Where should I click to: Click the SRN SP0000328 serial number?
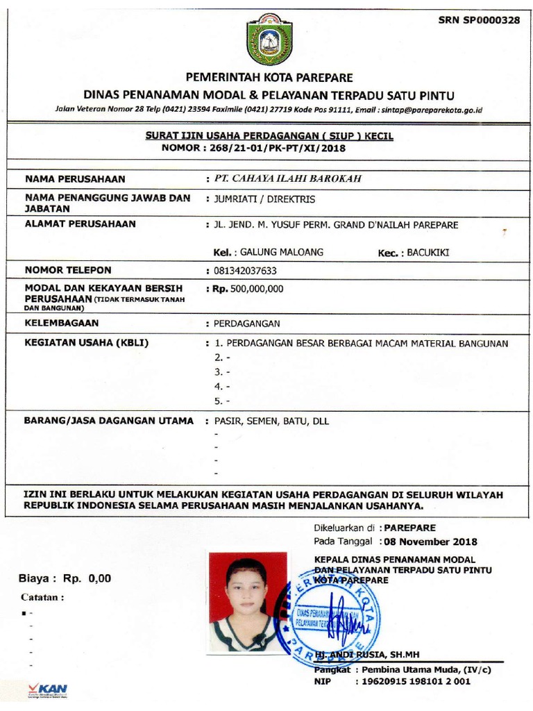[x=479, y=20]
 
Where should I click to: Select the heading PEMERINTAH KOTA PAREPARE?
[x=269, y=77]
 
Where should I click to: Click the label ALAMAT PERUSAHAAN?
[x=81, y=224]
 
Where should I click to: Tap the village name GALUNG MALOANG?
[x=281, y=252]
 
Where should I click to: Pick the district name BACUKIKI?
[x=428, y=253]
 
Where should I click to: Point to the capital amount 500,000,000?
[x=257, y=289]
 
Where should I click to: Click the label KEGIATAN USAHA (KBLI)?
[x=87, y=343]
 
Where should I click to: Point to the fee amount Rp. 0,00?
[x=87, y=578]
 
